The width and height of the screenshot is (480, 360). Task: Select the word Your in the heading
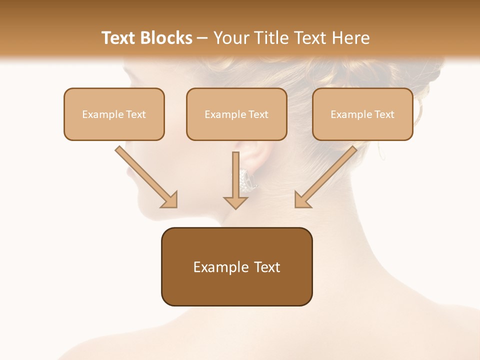(231, 38)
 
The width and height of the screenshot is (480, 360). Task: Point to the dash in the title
(203, 38)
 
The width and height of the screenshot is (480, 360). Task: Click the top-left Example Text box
(114, 114)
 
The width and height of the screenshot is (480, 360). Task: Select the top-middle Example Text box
(236, 114)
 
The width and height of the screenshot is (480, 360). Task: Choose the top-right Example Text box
(362, 114)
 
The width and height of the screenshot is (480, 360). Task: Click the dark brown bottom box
(236, 290)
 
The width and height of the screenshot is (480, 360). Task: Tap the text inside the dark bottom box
(236, 267)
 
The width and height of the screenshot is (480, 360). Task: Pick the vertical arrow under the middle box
(235, 175)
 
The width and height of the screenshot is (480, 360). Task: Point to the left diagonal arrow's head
(169, 200)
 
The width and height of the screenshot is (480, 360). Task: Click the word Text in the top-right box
(383, 114)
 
